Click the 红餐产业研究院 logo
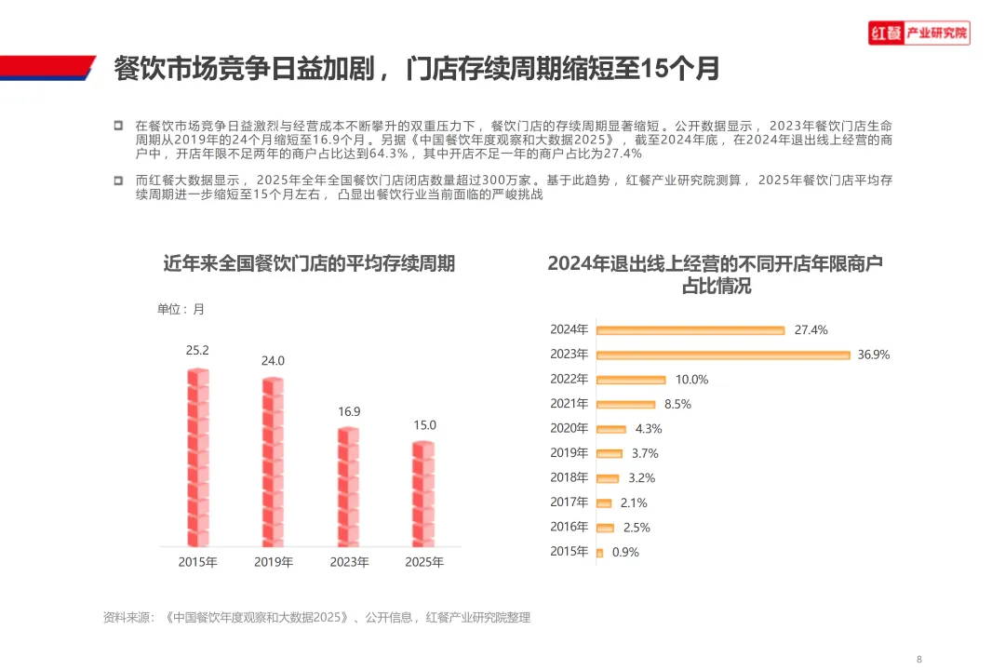tap(919, 33)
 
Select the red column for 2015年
tap(198, 457)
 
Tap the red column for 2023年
tap(349, 487)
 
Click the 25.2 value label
tap(197, 350)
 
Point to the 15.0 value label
tap(424, 425)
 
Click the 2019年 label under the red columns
tap(274, 562)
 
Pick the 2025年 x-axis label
tap(424, 562)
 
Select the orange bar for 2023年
tap(723, 355)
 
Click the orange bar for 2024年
tap(690, 330)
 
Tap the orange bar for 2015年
tap(599, 553)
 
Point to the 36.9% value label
tap(874, 355)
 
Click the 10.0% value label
tap(691, 380)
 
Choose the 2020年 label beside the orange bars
tap(569, 428)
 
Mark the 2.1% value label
tap(634, 503)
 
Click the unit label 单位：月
tap(181, 309)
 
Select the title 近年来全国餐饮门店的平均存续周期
tap(309, 263)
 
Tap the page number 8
tap(919, 659)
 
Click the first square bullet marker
tap(118, 125)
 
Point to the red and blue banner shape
tap(48, 68)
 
